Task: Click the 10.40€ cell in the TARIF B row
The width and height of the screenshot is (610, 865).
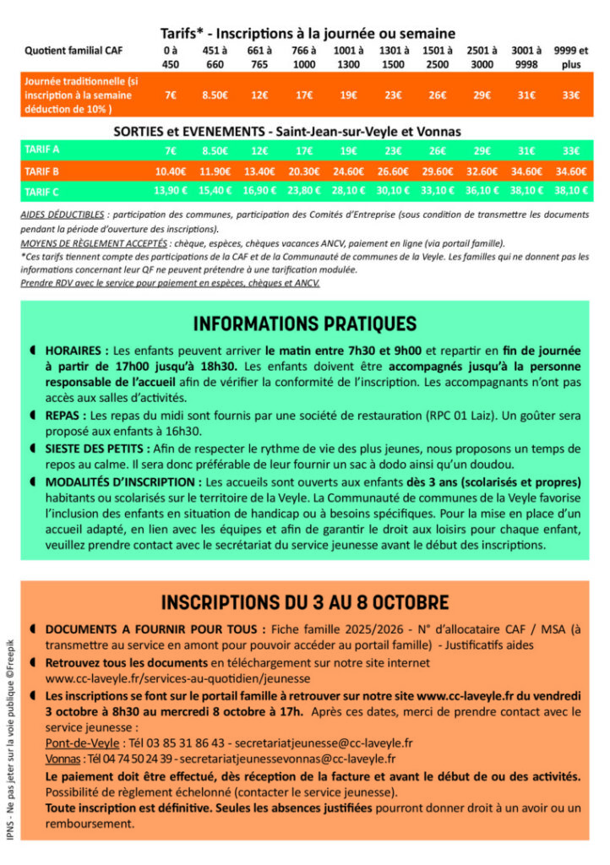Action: (171, 171)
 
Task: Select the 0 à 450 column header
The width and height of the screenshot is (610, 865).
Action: (171, 57)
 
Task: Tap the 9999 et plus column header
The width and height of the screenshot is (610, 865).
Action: (571, 57)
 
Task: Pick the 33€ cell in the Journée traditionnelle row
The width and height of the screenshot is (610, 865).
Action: (571, 95)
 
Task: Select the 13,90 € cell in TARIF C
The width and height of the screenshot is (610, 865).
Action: (171, 191)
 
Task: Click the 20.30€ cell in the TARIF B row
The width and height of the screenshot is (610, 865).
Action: (304, 171)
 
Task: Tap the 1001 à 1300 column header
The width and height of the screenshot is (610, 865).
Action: (348, 57)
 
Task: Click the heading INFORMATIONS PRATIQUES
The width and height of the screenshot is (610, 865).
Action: (304, 324)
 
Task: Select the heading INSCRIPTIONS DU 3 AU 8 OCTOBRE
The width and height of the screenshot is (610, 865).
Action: (304, 602)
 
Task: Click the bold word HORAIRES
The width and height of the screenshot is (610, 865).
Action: (77, 350)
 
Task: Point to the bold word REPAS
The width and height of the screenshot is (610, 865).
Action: (66, 416)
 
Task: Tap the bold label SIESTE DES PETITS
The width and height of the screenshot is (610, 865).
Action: (98, 449)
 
